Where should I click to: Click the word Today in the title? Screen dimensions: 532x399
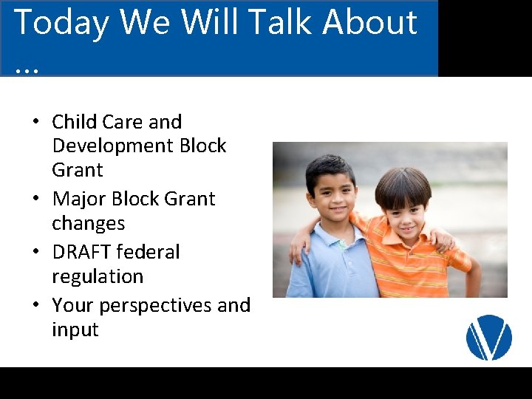coord(61,23)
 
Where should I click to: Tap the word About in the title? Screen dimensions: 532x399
coord(370,21)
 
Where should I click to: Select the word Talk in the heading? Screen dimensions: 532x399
coord(282,21)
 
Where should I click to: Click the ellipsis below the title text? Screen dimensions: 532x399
coord(27,71)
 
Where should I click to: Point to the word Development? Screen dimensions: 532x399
coord(113,146)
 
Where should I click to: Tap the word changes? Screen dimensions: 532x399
coord(89,224)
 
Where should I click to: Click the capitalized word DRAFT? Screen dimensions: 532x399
coord(82,252)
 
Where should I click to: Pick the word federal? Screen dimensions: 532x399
coord(148,252)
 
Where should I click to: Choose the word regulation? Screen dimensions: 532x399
coord(98,277)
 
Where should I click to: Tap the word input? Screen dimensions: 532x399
coord(75,330)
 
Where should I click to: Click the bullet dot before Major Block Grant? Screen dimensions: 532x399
coord(36,198)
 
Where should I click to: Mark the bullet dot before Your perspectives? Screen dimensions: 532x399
coord(36,304)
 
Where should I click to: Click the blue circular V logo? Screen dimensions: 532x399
coord(489,337)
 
